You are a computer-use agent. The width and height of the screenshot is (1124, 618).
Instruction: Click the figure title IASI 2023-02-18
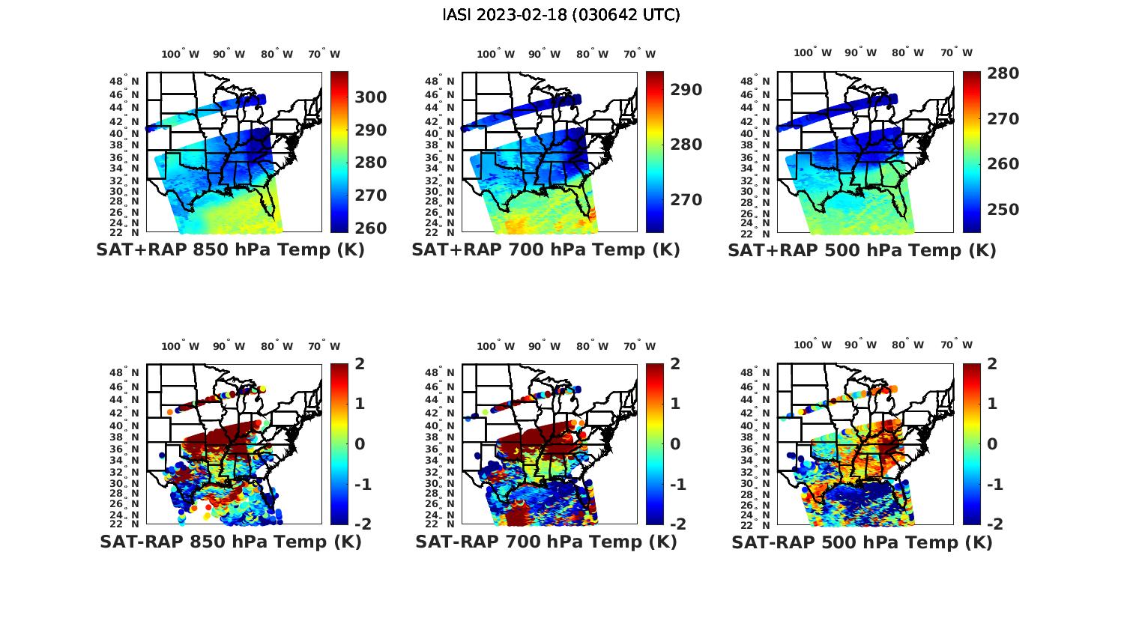pos(561,15)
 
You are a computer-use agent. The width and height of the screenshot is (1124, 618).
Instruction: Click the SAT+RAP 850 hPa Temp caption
pos(230,250)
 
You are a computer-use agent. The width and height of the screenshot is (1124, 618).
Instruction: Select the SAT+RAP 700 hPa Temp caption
pos(546,250)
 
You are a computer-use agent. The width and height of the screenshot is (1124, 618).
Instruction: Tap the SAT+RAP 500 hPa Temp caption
pos(862,251)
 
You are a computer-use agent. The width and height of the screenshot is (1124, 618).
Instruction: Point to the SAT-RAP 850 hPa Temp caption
pos(230,542)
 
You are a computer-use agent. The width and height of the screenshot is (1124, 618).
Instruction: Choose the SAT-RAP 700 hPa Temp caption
pos(546,542)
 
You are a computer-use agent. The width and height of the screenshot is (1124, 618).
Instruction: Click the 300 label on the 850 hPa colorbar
pos(371,97)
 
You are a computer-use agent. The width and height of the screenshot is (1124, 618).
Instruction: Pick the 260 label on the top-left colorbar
pos(371,228)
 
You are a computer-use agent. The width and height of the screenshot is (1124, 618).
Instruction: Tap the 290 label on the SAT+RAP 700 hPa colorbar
pos(686,90)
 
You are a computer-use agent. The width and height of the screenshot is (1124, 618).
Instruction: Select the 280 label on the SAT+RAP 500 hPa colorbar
pos(1003,73)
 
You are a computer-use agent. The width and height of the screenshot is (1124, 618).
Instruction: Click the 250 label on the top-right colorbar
pos(1003,210)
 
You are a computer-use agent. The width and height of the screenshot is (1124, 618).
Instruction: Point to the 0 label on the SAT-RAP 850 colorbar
pos(360,443)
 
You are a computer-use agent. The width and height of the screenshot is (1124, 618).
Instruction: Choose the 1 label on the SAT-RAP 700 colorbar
pos(675,404)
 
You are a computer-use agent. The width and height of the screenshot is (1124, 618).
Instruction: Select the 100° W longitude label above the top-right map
pos(812,53)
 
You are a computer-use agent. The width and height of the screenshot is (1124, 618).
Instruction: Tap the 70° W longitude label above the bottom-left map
pos(324,346)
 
